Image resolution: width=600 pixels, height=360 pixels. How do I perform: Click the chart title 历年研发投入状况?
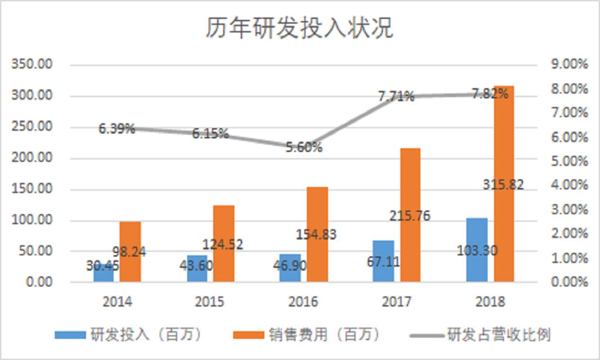299,28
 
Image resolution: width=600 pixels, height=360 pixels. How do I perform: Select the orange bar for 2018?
504,142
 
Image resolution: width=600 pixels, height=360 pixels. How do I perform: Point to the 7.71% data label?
396,96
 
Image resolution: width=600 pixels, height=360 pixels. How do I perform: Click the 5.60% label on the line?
304,147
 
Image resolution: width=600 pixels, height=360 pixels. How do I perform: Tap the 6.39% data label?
117,129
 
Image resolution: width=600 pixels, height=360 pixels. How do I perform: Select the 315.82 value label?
503,184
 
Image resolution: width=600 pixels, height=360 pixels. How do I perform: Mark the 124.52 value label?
223,244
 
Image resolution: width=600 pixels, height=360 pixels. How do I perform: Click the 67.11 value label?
383,261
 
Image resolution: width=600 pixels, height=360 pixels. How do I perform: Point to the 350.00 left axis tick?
33,64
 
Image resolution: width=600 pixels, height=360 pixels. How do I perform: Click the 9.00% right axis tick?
569,64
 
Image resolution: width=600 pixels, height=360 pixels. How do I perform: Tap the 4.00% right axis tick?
569,185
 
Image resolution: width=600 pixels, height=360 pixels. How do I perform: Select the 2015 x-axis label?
209,301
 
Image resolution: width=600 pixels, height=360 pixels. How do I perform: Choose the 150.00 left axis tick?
33,189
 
